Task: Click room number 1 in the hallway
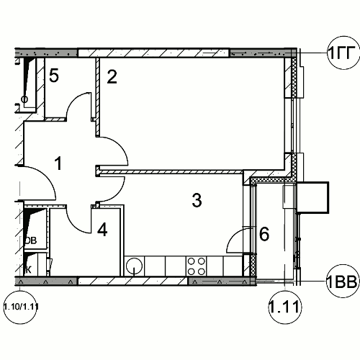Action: pyautogui.click(x=58, y=163)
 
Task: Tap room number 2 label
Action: pyautogui.click(x=112, y=77)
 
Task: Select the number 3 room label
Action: pyautogui.click(x=197, y=200)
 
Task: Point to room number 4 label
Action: pyautogui.click(x=102, y=230)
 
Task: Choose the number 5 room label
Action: pyautogui.click(x=54, y=76)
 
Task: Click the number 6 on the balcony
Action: pyautogui.click(x=264, y=234)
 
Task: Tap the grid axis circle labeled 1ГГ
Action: pyautogui.click(x=343, y=53)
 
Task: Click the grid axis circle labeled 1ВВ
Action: pyautogui.click(x=343, y=281)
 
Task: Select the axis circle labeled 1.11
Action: pyautogui.click(x=284, y=307)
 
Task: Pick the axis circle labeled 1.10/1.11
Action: pyautogui.click(x=21, y=307)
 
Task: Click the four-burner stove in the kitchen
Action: pyautogui.click(x=197, y=266)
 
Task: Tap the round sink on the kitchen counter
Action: pyautogui.click(x=134, y=266)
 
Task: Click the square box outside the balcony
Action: pyautogui.click(x=312, y=197)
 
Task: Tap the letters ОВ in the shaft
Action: pyautogui.click(x=31, y=240)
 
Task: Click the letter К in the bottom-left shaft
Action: pyautogui.click(x=28, y=270)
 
